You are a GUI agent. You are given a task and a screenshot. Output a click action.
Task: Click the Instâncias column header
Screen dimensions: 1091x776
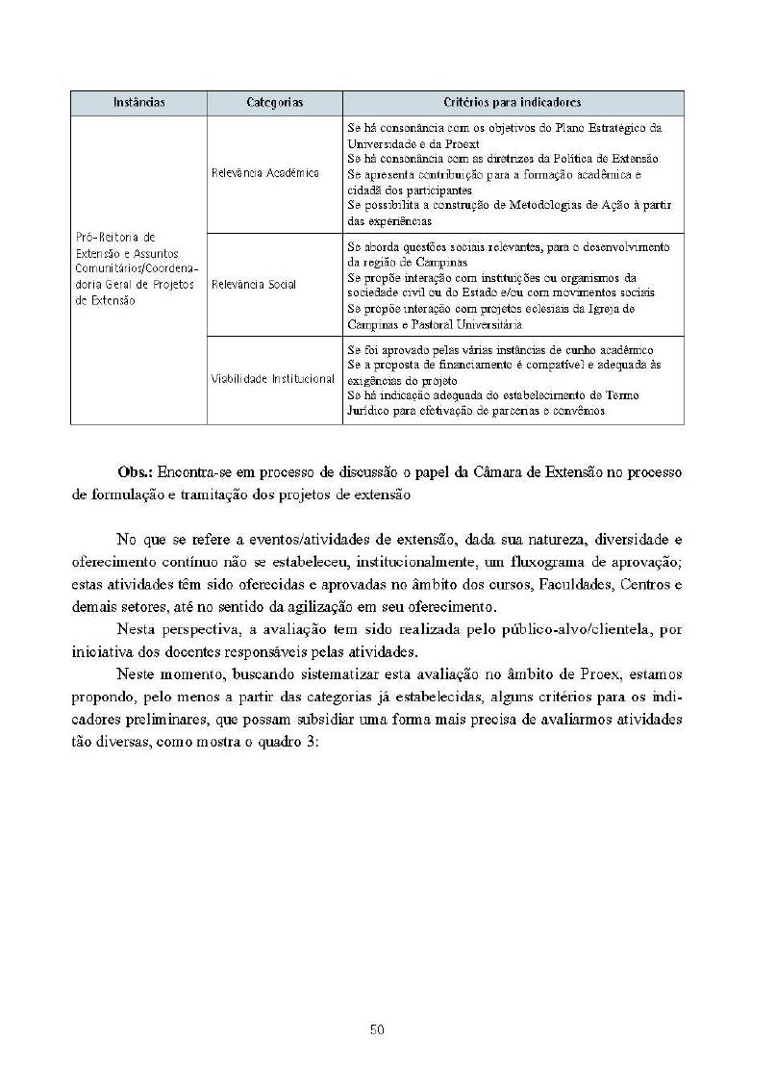[138, 102]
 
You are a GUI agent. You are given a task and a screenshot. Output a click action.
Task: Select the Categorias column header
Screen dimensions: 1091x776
[274, 102]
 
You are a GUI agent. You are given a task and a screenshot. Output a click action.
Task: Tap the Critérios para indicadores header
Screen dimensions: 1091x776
[513, 102]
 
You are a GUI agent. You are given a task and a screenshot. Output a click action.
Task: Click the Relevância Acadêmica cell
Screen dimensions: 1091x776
[265, 173]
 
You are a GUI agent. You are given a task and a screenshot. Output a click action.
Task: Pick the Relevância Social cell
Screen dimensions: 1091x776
[254, 285]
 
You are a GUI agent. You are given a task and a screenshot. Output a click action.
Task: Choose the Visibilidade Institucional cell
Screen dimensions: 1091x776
[273, 379]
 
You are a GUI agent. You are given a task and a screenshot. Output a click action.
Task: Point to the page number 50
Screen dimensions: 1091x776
[377, 1029]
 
